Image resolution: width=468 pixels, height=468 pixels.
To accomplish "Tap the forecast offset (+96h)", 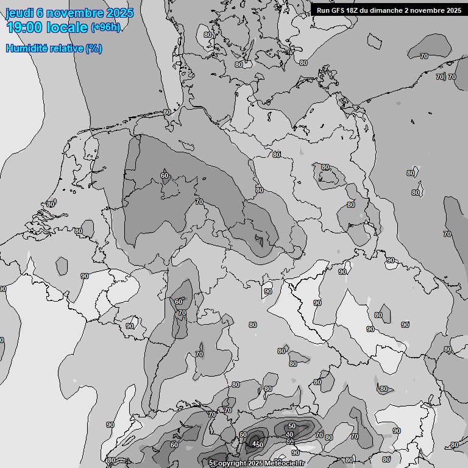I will tap(105, 27).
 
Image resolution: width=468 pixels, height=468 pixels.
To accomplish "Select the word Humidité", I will tap(27, 48).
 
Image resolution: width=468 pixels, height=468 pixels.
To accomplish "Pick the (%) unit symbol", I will tap(94, 48).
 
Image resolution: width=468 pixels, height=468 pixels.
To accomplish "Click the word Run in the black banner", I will tap(323, 10).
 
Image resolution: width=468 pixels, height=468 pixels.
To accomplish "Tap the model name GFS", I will tap(339, 10).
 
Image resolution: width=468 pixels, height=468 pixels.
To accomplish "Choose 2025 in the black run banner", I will tap(454, 10).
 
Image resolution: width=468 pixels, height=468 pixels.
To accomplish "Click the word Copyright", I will tap(230, 464).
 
